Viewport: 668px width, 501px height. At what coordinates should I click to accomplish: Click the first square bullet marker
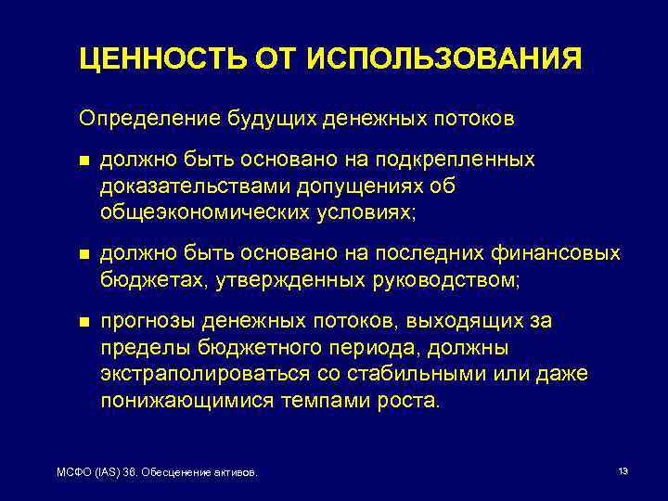click(x=84, y=161)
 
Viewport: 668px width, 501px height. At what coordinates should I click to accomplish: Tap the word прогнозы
click(x=148, y=321)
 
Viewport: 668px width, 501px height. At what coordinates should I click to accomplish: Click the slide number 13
click(x=623, y=471)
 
